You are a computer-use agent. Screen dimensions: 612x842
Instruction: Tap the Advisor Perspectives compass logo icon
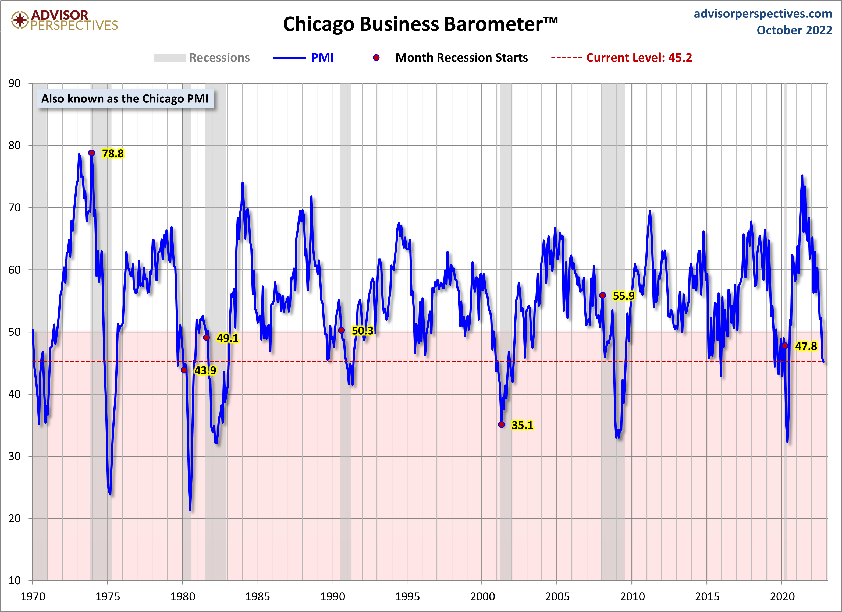pyautogui.click(x=20, y=20)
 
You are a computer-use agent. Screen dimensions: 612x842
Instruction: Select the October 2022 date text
pyautogui.click(x=794, y=30)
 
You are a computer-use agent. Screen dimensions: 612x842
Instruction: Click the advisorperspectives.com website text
pyautogui.click(x=763, y=14)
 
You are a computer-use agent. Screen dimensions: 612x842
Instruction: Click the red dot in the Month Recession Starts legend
pyautogui.click(x=376, y=58)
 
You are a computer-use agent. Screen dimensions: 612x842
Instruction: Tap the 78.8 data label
pyautogui.click(x=113, y=153)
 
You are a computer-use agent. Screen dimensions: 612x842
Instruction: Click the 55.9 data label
pyautogui.click(x=623, y=296)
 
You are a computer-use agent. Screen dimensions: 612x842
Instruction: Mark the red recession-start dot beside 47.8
pyautogui.click(x=785, y=345)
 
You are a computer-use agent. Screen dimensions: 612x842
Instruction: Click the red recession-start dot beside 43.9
pyautogui.click(x=184, y=370)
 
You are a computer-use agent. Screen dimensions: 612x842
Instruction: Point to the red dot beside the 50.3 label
pyautogui.click(x=341, y=330)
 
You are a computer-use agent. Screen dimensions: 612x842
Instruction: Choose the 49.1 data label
pyautogui.click(x=228, y=338)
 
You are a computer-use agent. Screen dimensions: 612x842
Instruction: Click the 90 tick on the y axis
pyautogui.click(x=15, y=83)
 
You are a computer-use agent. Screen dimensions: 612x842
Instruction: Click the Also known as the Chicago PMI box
pyautogui.click(x=125, y=98)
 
